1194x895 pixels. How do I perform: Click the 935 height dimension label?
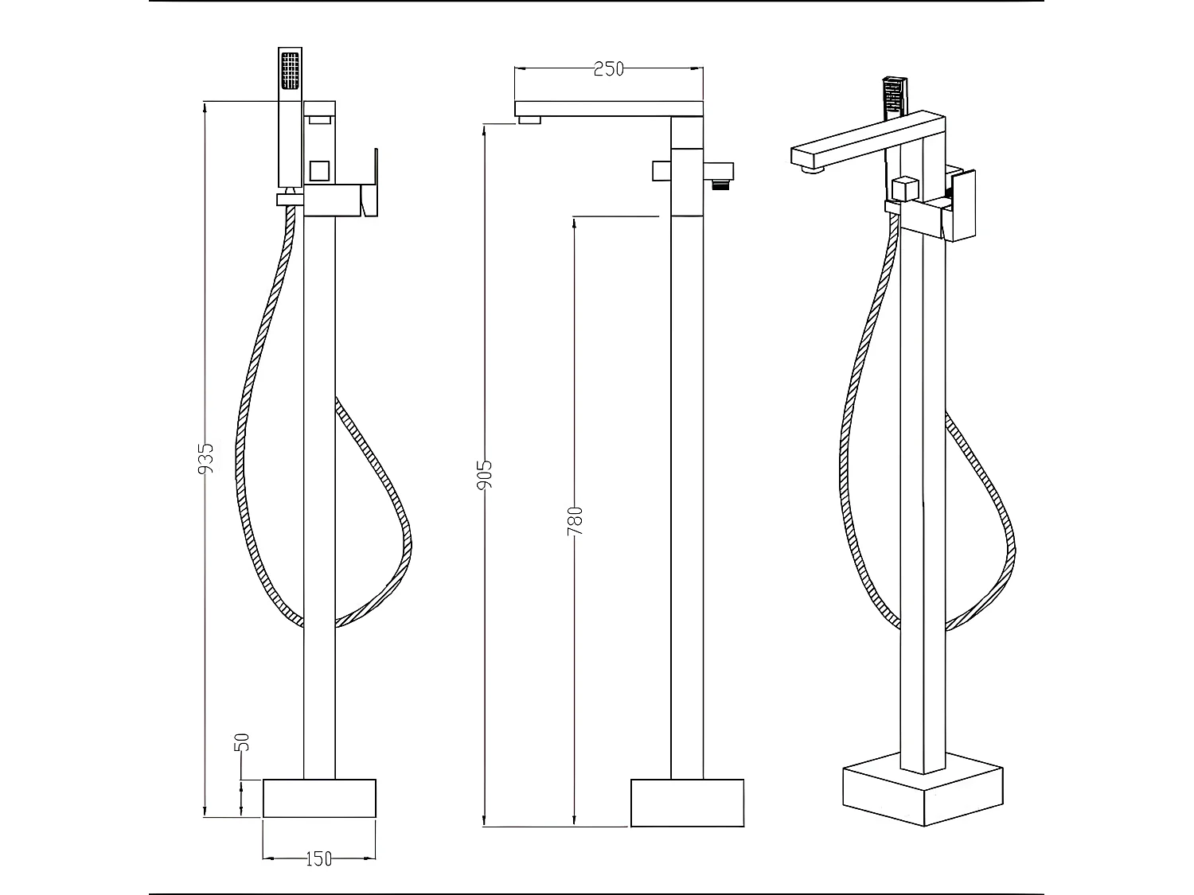pyautogui.click(x=206, y=459)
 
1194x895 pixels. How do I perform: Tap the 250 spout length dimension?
pyautogui.click(x=608, y=69)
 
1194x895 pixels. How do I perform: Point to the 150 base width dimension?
pyautogui.click(x=318, y=858)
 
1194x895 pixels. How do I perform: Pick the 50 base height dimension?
pyautogui.click(x=243, y=741)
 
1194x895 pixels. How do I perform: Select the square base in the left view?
pyautogui.click(x=318, y=798)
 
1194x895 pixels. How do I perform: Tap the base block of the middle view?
pyautogui.click(x=687, y=802)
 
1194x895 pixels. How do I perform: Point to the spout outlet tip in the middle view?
pyautogui.click(x=529, y=120)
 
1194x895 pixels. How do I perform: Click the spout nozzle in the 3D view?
pyautogui.click(x=813, y=168)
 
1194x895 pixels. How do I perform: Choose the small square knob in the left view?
pyautogui.click(x=319, y=170)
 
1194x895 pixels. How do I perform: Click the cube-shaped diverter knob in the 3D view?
pyautogui.click(x=905, y=189)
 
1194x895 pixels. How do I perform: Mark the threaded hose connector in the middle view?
pyautogui.click(x=720, y=185)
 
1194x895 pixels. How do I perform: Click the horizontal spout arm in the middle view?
pyautogui.click(x=609, y=108)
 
